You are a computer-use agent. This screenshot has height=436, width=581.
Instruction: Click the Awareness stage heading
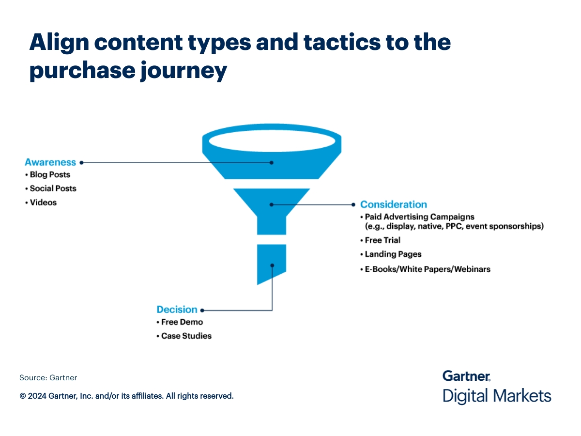[50, 162]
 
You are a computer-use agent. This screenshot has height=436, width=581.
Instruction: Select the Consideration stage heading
[393, 204]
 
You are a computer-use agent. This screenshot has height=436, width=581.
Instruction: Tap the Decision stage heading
[177, 310]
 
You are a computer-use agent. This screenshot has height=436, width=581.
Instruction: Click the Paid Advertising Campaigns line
[419, 217]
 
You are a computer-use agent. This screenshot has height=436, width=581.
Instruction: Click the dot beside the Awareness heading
[81, 163]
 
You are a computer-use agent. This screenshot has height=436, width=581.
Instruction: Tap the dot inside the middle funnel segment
[272, 205]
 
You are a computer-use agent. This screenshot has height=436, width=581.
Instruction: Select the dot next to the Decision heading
[202, 310]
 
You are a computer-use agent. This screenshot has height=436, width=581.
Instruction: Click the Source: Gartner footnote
[48, 378]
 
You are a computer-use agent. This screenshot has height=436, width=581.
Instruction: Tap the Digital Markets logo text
[497, 396]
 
